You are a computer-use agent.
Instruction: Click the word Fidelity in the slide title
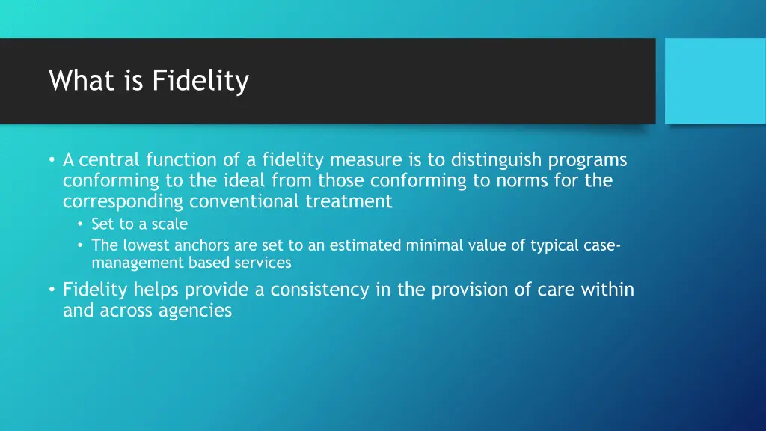200,81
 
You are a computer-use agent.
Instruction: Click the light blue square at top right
715,81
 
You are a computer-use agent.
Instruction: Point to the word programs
587,160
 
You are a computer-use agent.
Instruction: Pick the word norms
524,180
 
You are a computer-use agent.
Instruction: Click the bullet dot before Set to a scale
80,224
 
